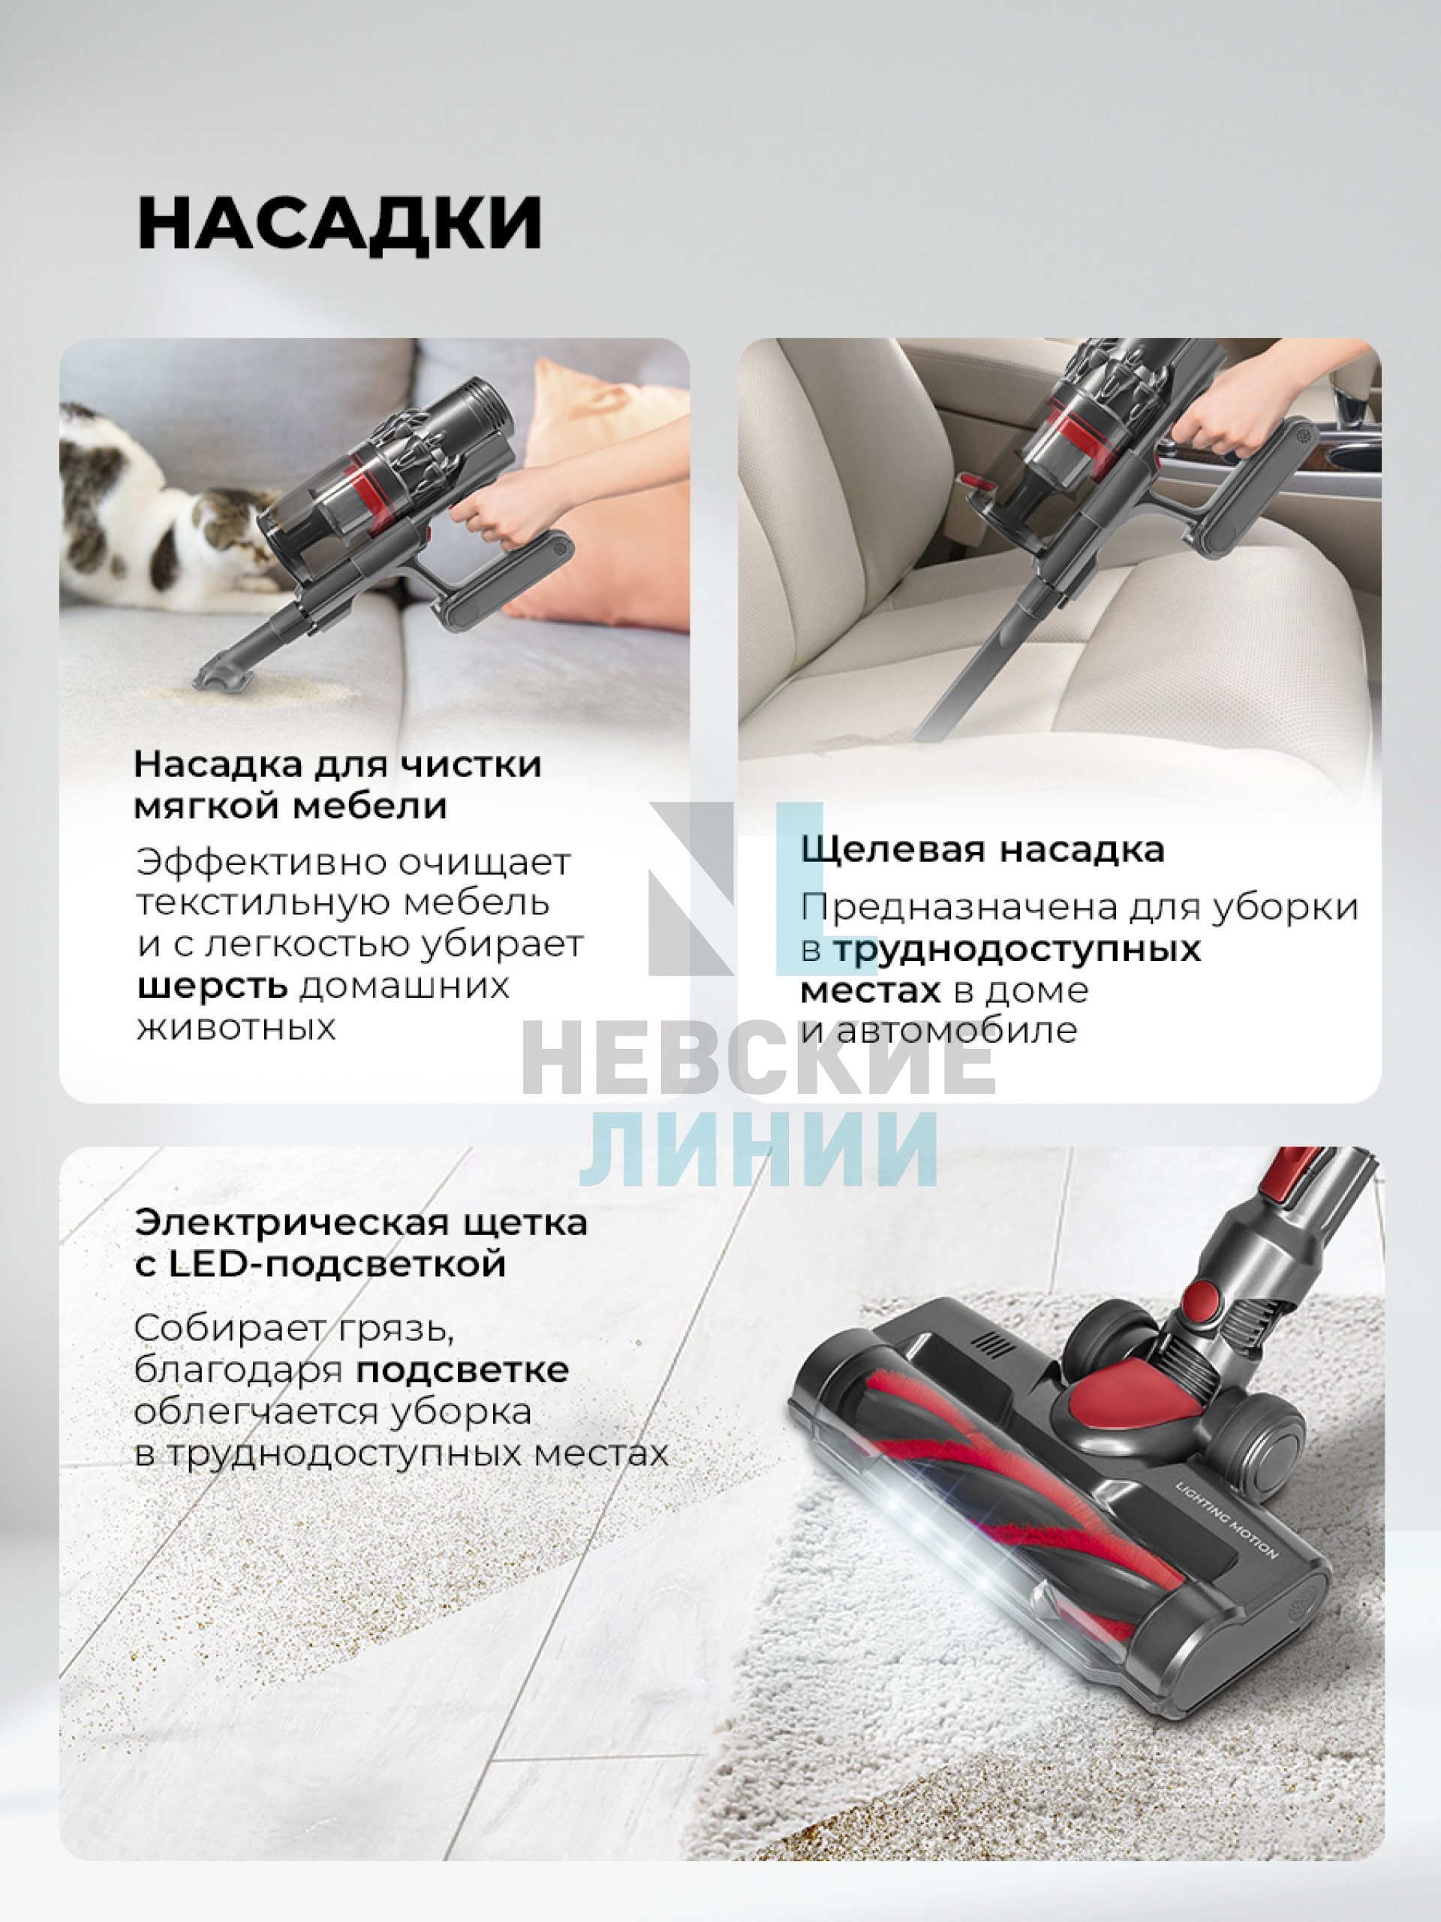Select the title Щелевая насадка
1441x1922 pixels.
982,849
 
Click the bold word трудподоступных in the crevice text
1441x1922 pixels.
1016,949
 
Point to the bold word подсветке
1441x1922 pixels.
462,1369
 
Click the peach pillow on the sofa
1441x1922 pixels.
600,487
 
